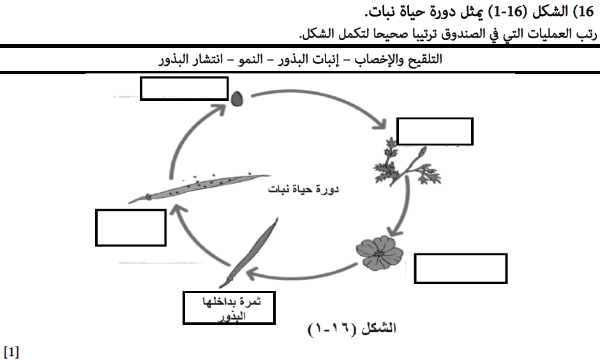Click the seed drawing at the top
237,99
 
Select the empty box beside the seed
184,89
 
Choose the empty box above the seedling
435,131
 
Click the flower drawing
377,251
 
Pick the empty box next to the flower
460,268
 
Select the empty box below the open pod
131,227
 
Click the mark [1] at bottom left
11,352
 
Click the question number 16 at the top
585,11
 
